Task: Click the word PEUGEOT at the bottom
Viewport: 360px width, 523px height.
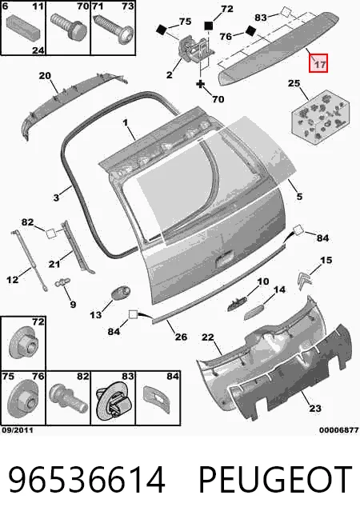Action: [275, 480]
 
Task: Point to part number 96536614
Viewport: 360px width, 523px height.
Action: [86, 480]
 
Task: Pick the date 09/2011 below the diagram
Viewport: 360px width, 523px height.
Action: [18, 430]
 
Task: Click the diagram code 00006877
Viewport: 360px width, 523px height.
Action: [338, 430]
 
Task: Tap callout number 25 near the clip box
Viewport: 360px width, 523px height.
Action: [294, 83]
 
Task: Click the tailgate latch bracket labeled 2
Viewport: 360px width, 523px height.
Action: [194, 50]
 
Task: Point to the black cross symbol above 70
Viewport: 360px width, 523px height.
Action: [200, 84]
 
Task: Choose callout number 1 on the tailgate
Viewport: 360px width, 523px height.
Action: [125, 122]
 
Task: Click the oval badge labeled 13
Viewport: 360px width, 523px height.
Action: [121, 294]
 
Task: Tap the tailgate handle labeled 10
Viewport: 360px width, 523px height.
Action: [238, 304]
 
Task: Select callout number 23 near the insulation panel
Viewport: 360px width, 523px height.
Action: [315, 408]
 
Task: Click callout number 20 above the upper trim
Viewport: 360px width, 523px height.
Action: [45, 76]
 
